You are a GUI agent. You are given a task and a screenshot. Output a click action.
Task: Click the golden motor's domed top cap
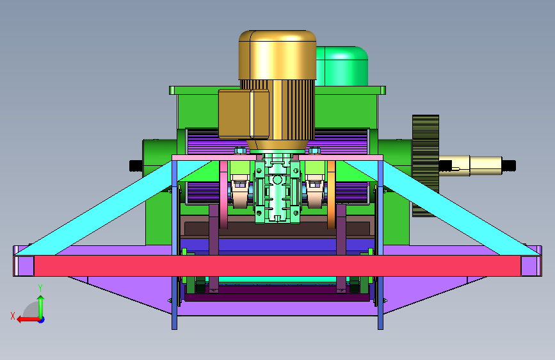(277, 54)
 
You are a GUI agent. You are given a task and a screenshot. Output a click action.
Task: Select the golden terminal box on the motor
(244, 114)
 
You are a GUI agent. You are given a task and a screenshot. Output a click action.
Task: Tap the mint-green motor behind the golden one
(342, 66)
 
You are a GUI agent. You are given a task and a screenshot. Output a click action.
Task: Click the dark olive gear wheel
(426, 165)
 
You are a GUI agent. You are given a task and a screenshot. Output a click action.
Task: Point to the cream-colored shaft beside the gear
(471, 165)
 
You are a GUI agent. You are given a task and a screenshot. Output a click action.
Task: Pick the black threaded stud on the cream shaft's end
(509, 165)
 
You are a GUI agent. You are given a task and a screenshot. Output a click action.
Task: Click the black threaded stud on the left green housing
(136, 166)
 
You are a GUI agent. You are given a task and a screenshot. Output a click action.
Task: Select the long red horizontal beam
(278, 265)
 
